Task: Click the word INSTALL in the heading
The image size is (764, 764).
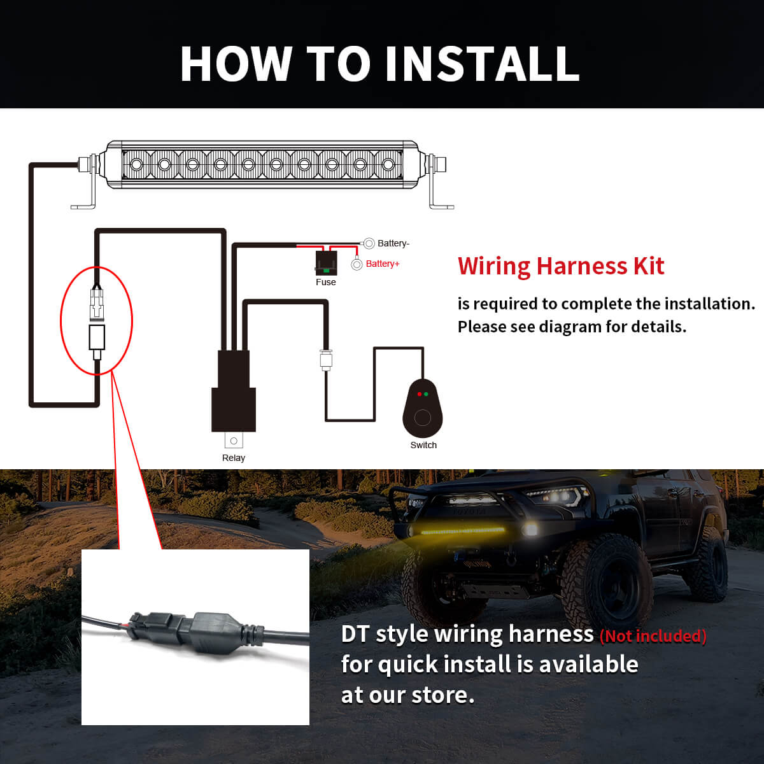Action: [482, 64]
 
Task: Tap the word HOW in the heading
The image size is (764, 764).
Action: [236, 64]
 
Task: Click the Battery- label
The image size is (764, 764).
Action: [393, 243]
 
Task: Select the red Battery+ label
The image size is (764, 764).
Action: [383, 264]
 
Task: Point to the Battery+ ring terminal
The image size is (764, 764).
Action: [357, 264]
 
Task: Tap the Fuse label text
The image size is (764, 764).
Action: [325, 282]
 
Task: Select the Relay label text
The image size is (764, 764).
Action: [233, 458]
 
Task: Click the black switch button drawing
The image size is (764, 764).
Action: [422, 411]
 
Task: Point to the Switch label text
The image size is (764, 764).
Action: [423, 445]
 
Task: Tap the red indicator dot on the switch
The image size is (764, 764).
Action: [419, 394]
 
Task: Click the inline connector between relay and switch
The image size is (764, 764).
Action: [326, 360]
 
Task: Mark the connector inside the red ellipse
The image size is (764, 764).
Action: [96, 322]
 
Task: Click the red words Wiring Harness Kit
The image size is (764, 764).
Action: [560, 266]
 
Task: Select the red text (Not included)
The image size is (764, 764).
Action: [653, 635]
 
